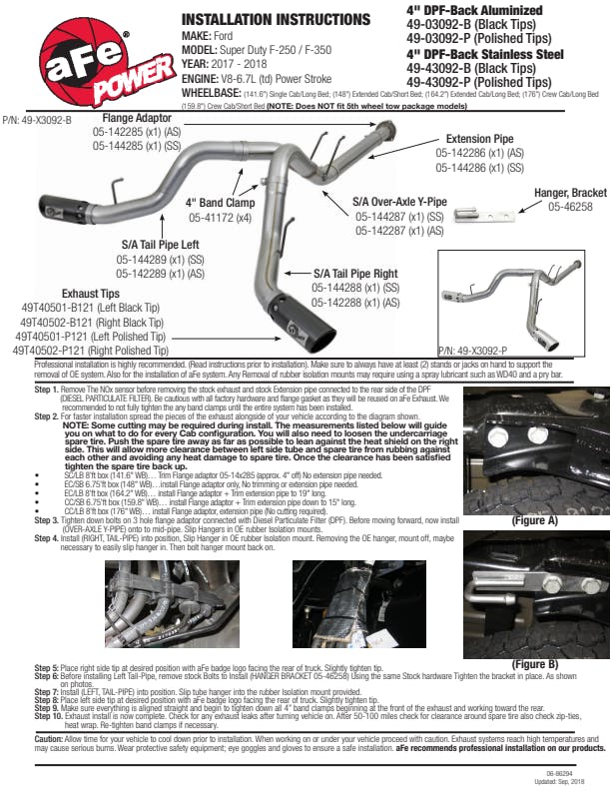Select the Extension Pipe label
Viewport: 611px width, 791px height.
[x=479, y=139]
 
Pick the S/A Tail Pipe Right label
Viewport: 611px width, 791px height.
[x=355, y=273]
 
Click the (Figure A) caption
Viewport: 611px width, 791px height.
[x=534, y=520]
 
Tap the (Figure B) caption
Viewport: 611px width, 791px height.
[x=534, y=664]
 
